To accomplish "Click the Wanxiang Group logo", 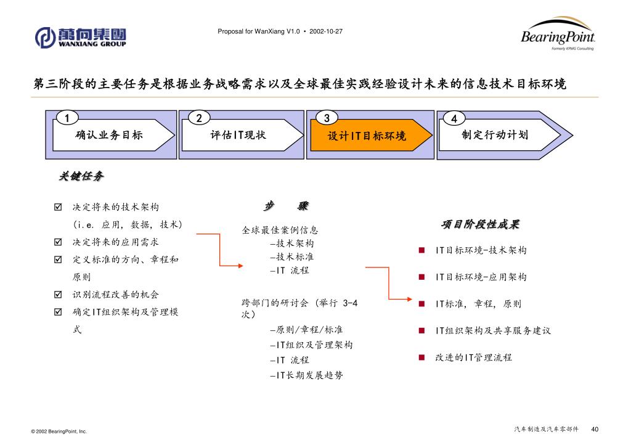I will point(81,37).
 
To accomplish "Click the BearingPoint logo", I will point(557,35).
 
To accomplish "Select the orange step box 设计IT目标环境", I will point(366,136).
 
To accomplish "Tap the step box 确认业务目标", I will point(109,134).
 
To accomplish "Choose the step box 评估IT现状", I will point(238,134).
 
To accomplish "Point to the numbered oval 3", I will point(327,118).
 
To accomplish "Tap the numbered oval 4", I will point(454,118).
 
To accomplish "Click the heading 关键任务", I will point(81,177).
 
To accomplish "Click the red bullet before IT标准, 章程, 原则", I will point(422,304).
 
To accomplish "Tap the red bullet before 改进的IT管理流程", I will point(422,357).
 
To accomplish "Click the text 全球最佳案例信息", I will point(280,231).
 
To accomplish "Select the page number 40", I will point(595,429).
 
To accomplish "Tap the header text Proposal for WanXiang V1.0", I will point(259,31).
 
